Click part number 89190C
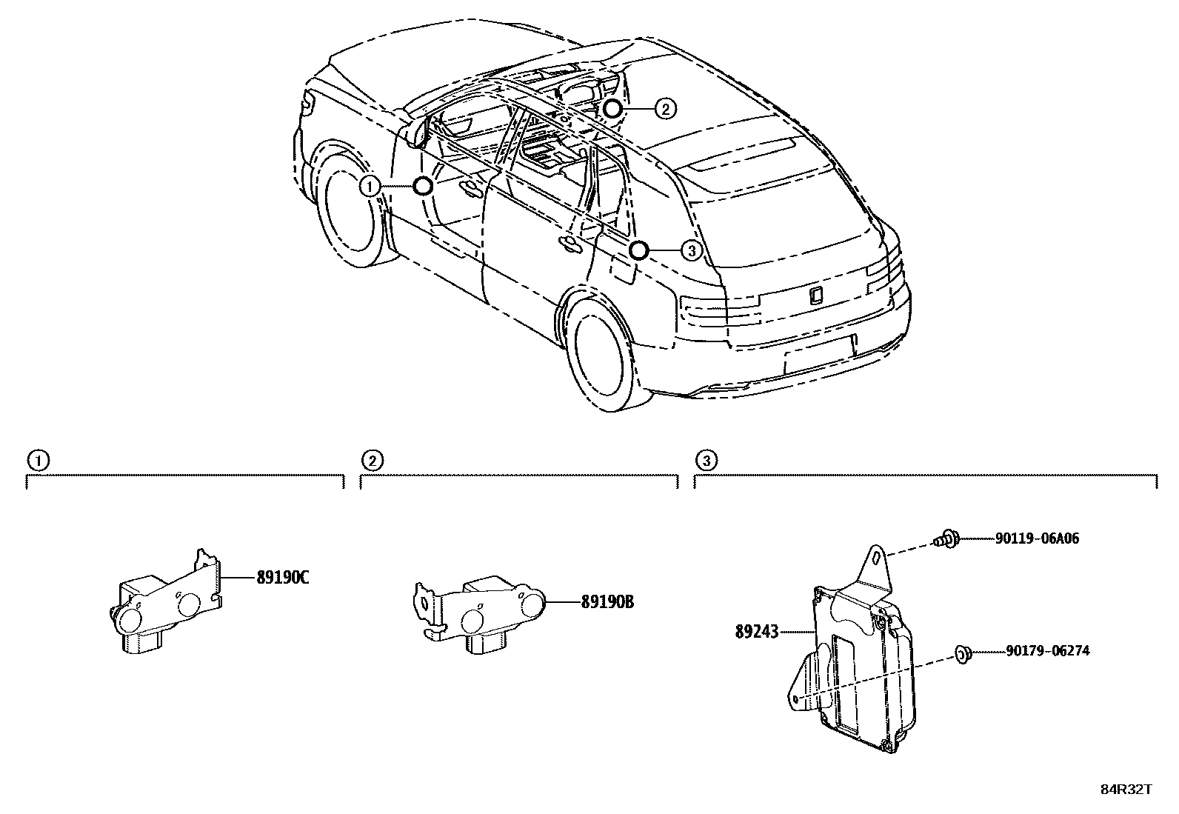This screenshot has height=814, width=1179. pos(282,578)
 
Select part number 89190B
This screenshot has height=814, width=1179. pos(607,602)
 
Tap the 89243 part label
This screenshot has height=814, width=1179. pos(756,632)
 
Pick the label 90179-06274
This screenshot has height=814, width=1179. pos(1047,652)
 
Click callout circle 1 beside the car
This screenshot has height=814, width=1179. pos(370,187)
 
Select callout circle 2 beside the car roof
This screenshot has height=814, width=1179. pos(665,110)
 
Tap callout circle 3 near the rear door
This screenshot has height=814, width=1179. pos(690,251)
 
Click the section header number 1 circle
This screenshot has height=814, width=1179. pos(38,461)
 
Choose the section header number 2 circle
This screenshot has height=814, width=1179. pos(372,461)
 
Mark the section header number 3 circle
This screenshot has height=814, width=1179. pos(706,461)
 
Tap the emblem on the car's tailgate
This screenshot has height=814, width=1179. pos(815,295)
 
